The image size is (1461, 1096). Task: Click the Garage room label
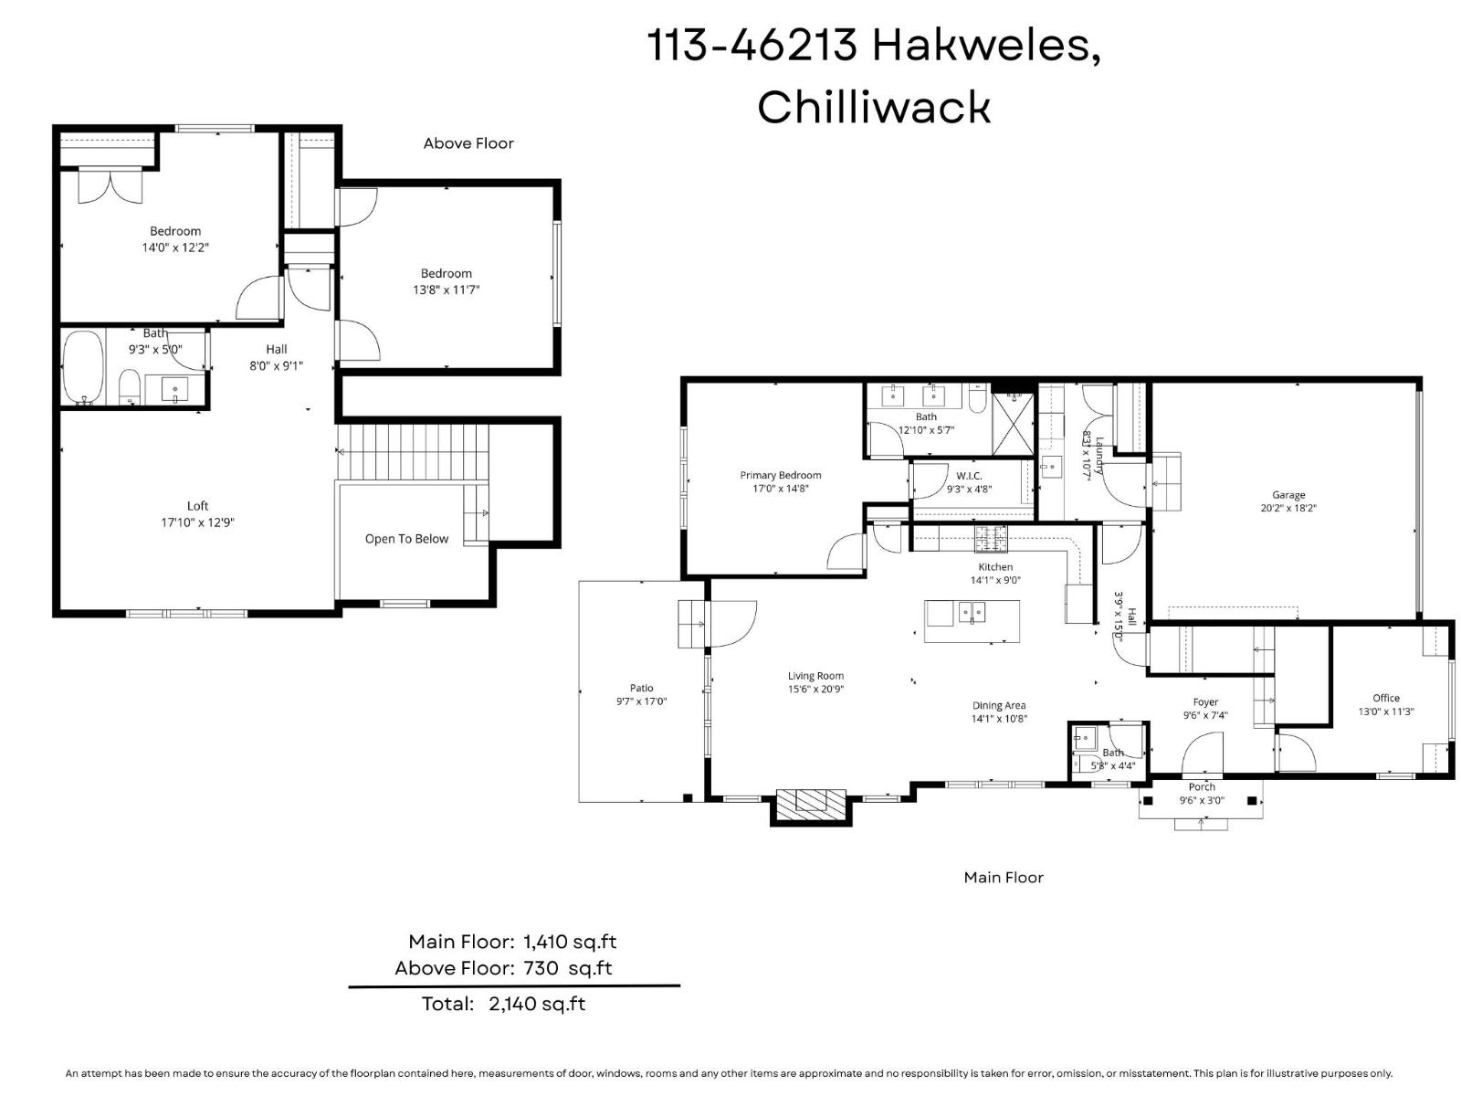tap(1288, 495)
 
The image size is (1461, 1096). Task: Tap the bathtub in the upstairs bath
tap(83, 367)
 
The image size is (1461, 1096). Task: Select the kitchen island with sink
tap(972, 621)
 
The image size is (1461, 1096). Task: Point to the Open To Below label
tap(406, 539)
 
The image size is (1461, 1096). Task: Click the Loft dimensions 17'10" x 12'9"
tap(197, 522)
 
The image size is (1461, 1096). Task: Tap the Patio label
tap(641, 688)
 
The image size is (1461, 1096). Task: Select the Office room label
tap(1385, 698)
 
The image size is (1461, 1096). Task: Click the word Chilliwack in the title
tap(873, 107)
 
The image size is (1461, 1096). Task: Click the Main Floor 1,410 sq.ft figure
tap(570, 942)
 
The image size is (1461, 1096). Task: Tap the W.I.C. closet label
tap(969, 476)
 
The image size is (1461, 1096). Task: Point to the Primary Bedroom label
tap(780, 475)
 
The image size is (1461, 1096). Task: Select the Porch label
tap(1202, 787)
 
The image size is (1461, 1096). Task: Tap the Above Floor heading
tap(468, 143)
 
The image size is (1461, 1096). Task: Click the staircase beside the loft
tap(413, 451)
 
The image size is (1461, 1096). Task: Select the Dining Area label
tap(999, 705)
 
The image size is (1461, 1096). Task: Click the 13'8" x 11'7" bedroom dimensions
tap(446, 290)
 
